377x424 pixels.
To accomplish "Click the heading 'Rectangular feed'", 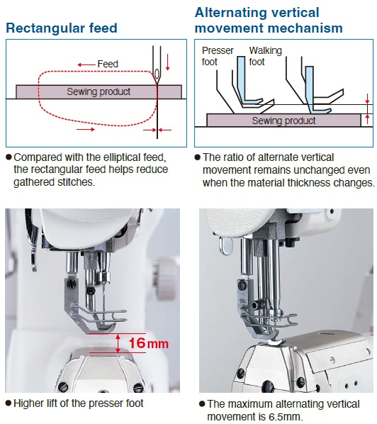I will click(x=61, y=28).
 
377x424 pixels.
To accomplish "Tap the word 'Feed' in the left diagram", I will click(x=108, y=64).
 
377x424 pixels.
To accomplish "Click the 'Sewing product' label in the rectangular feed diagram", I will click(x=99, y=91).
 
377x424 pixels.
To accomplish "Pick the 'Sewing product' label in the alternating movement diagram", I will click(x=283, y=121).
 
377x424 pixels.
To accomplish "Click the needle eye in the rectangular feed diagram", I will click(x=155, y=73).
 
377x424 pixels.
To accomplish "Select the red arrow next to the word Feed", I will click(x=86, y=64).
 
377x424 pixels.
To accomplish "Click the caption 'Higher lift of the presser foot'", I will click(x=78, y=403).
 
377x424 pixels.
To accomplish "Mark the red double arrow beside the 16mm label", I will click(x=118, y=343).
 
